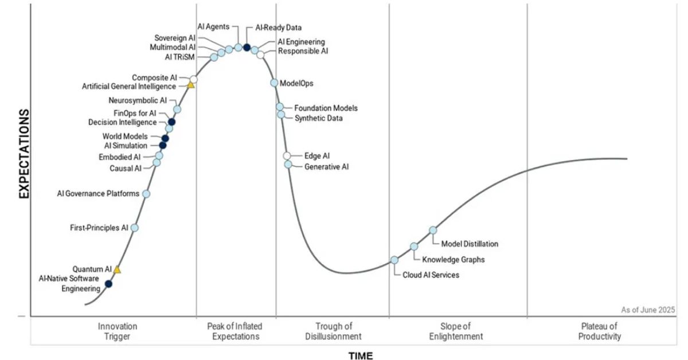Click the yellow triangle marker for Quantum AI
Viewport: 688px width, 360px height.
tap(117, 269)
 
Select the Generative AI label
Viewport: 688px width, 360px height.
tap(326, 167)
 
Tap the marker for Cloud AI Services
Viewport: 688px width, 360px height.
tap(394, 260)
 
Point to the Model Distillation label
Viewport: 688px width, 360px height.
tap(470, 244)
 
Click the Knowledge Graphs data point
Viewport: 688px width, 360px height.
tap(414, 246)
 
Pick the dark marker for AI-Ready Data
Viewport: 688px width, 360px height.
tap(247, 48)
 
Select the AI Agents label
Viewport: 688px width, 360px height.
tap(213, 26)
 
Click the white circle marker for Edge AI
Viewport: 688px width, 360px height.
tap(287, 156)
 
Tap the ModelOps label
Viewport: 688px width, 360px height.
tap(296, 83)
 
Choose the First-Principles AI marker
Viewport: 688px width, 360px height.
tap(135, 228)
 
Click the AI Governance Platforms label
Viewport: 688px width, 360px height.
tap(98, 194)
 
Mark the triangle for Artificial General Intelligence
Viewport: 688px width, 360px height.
tap(191, 85)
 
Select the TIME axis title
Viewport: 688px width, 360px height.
tap(361, 356)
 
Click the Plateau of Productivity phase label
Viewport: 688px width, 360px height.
tap(600, 331)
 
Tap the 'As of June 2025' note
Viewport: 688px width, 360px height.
tap(648, 310)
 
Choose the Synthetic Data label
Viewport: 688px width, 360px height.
tap(319, 119)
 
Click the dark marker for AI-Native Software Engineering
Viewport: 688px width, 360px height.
tap(108, 284)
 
